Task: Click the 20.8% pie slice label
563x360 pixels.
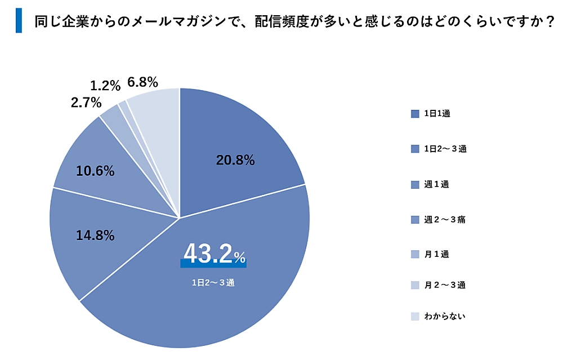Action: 235,161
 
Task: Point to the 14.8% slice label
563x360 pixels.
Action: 95,235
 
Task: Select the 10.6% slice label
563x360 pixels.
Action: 95,171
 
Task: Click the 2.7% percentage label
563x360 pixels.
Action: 86,103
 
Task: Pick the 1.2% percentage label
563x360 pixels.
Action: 105,86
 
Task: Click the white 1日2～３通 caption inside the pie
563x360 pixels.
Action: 213,283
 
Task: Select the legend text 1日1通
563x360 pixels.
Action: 437,114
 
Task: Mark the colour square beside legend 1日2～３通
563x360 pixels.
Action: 415,149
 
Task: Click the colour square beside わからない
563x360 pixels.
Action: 415,317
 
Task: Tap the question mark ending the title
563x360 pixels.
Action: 549,21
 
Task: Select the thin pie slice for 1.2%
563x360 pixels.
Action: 123,104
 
